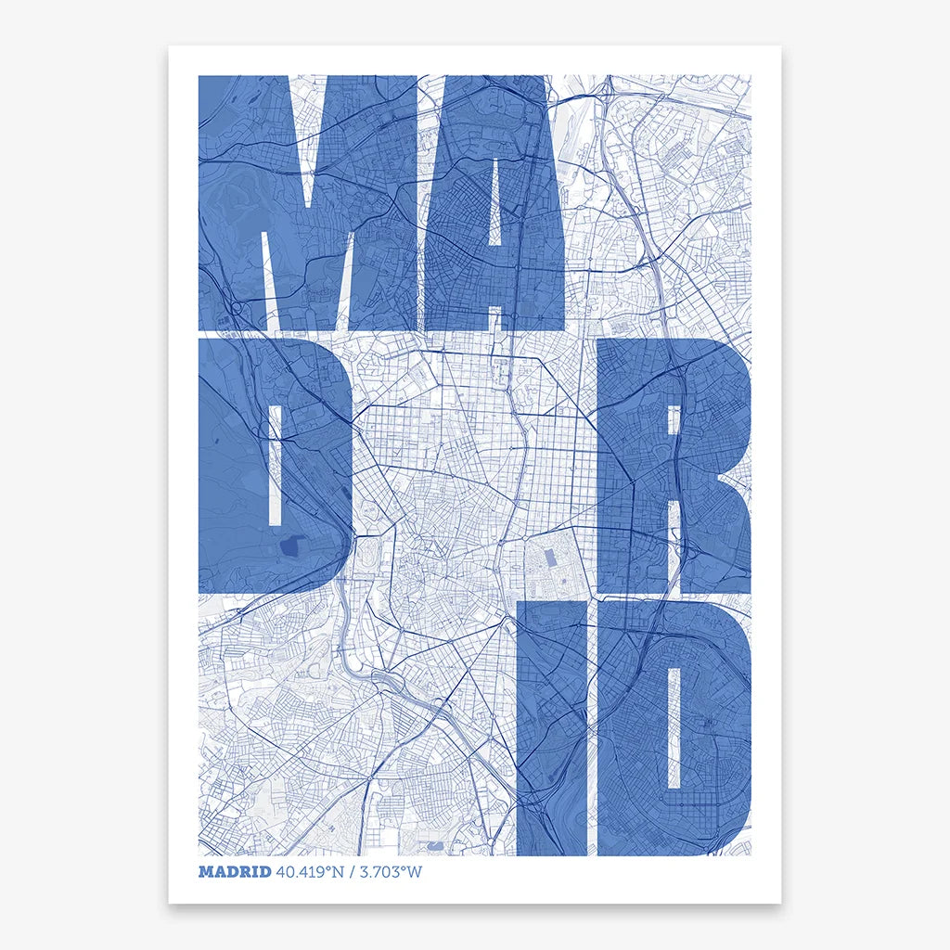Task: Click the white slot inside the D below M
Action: coord(275,464)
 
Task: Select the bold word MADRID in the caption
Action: coord(235,872)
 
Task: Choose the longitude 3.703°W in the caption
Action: coord(385,872)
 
